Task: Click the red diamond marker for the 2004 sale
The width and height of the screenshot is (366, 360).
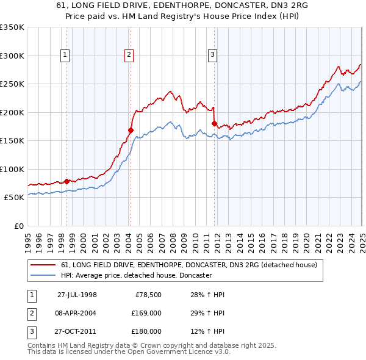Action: [x=131, y=130]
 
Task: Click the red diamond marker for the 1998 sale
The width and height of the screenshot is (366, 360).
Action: [x=66, y=181]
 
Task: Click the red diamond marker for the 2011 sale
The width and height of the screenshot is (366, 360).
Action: [x=214, y=123]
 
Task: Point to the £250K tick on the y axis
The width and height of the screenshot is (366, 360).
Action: [x=12, y=84]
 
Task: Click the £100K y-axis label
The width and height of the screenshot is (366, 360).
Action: [x=12, y=169]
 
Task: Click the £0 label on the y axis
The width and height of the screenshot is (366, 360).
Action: [x=18, y=226]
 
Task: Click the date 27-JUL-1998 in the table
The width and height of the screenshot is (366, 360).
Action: [x=77, y=295]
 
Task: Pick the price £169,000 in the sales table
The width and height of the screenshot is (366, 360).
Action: [x=146, y=313]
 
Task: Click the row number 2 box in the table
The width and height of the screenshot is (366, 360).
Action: [x=31, y=313]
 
